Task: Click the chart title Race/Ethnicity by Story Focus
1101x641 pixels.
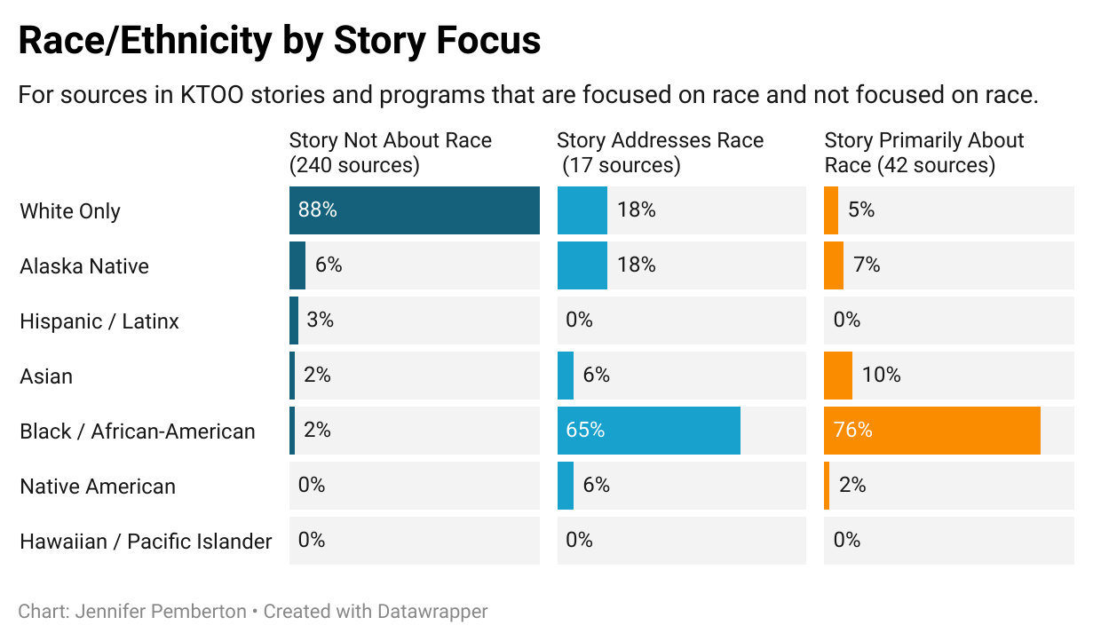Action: [279, 41]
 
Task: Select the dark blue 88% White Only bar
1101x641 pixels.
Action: [414, 210]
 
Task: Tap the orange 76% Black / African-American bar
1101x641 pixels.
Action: [931, 431]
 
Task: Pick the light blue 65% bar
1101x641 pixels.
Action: [648, 431]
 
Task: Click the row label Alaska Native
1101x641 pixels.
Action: [84, 266]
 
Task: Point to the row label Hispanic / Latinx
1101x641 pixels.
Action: [99, 321]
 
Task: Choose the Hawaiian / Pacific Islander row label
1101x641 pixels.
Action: [146, 542]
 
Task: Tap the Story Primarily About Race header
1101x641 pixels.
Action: [923, 152]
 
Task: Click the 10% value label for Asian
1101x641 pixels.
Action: [881, 376]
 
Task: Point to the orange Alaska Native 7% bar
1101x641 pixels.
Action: [833, 265]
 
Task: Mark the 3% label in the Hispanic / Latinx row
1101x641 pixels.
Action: [320, 320]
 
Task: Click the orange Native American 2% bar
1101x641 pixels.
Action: [827, 486]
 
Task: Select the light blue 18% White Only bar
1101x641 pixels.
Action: [582, 210]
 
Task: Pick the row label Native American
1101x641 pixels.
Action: [98, 487]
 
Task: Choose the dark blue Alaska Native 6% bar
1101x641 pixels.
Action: [297, 265]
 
